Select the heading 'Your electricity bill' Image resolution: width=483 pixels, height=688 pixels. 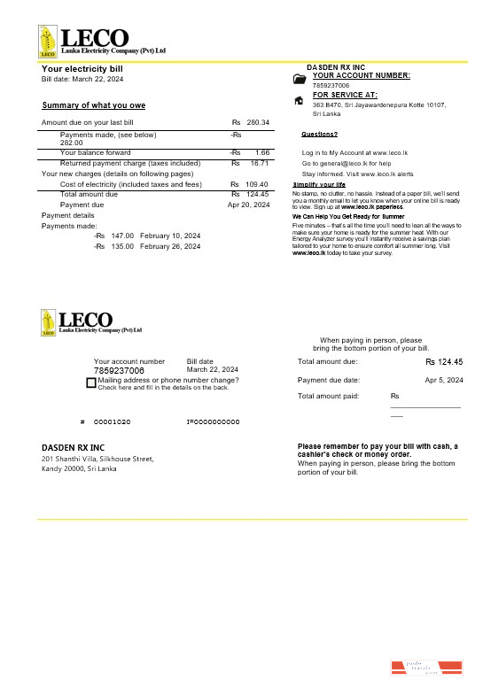tap(82, 68)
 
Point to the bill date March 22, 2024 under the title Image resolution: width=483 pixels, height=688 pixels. tap(82, 80)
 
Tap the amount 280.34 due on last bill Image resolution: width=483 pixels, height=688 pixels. tap(258, 122)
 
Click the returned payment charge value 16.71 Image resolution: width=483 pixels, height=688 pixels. tap(260, 163)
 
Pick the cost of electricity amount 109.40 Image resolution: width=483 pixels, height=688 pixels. tap(257, 184)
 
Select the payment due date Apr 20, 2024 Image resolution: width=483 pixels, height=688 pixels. tap(248, 205)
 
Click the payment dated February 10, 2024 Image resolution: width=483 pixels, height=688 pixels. tap(170, 236)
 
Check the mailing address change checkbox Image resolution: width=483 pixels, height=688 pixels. tap(91, 383)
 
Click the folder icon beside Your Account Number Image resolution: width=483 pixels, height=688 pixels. tap(299, 79)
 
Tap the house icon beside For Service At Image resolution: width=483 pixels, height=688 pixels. tap(299, 100)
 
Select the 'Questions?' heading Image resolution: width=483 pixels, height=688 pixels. tap(319, 135)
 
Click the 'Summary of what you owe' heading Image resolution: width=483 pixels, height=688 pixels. tap(94, 105)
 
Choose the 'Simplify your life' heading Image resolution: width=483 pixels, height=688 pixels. tap(319, 184)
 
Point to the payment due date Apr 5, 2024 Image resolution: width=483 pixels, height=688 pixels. tap(444, 380)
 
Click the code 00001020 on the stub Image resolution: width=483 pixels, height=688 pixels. tap(113, 421)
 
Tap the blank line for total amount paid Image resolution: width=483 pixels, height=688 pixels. tap(425, 406)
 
